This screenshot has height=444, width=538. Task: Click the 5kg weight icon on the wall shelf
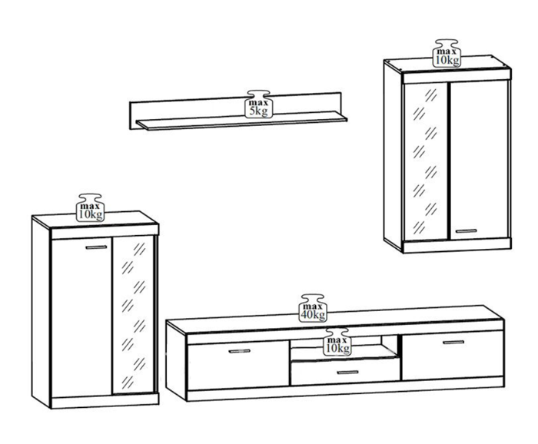coord(259,104)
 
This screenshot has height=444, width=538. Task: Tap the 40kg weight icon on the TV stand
coord(313,308)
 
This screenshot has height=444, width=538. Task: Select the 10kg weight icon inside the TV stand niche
coord(337,342)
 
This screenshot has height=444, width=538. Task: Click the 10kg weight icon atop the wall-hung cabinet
coord(447,53)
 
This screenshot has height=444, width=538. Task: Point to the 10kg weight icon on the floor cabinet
coord(90,207)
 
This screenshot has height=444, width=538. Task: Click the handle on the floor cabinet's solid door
coord(96,247)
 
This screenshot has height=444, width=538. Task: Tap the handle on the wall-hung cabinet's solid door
coord(466,230)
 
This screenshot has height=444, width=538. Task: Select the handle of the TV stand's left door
coord(240,351)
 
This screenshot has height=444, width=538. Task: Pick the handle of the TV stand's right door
coord(453,342)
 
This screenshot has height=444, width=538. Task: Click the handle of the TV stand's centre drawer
coord(347,373)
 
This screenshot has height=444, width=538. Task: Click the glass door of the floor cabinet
coord(134,315)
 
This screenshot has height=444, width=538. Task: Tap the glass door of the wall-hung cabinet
coord(426,161)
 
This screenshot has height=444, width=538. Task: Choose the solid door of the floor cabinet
coord(81,316)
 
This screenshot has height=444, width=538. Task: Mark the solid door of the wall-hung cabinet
coord(479,160)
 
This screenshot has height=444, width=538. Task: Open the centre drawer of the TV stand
coord(345,372)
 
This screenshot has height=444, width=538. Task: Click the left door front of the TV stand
coord(238,365)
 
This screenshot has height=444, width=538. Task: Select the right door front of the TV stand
coord(453,355)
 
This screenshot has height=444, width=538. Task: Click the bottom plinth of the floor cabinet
coord(105,401)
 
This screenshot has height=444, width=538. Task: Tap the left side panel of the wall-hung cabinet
coord(393,156)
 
